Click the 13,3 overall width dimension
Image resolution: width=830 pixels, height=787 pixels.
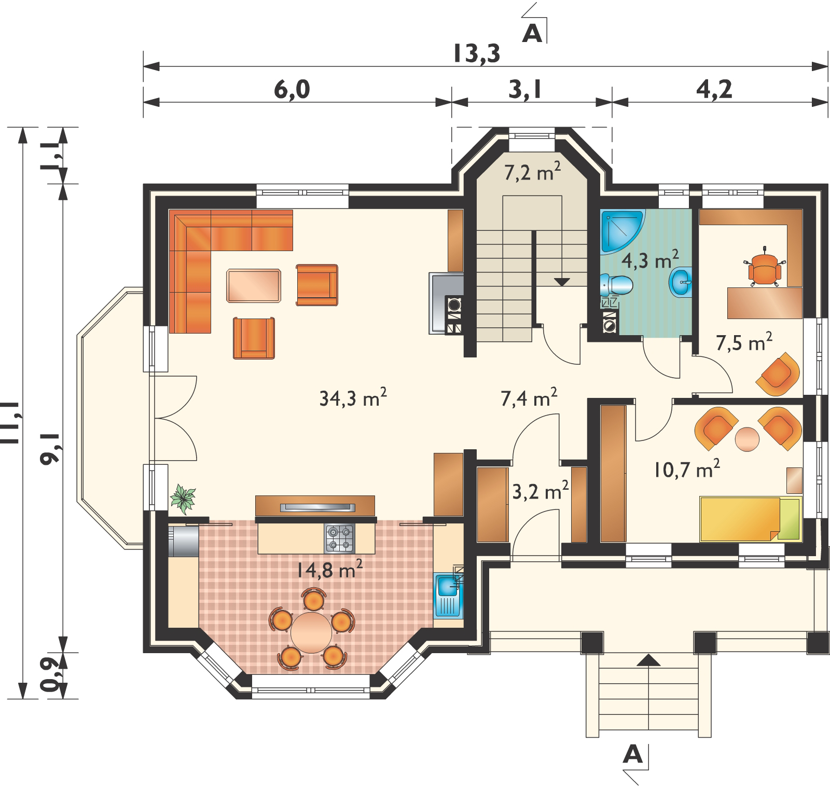[x=477, y=53]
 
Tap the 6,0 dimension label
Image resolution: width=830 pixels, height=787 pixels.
[x=292, y=89]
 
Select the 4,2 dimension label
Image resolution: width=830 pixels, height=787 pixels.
[x=714, y=89]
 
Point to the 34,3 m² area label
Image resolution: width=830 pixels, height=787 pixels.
[x=353, y=398]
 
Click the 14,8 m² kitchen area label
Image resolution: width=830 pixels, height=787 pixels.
[x=329, y=570]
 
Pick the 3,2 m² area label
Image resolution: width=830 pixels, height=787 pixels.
[x=541, y=491]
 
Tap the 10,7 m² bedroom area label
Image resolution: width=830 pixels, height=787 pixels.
[x=687, y=469]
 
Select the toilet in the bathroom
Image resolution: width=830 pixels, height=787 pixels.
[x=617, y=285]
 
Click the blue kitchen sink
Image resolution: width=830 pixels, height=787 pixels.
[x=448, y=596]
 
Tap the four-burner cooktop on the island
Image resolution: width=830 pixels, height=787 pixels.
[x=340, y=538]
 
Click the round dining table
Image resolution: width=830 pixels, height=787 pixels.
[x=311, y=632]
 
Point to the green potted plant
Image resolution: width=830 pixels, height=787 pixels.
[x=183, y=498]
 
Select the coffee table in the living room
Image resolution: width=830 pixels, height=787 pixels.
[x=254, y=285]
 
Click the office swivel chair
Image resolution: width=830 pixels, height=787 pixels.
[x=764, y=268]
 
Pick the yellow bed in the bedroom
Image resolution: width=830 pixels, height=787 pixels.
[x=751, y=519]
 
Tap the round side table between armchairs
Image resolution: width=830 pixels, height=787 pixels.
[x=747, y=439]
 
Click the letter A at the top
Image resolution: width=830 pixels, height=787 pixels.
[x=532, y=34]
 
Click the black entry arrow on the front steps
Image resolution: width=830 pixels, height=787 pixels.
[x=648, y=660]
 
